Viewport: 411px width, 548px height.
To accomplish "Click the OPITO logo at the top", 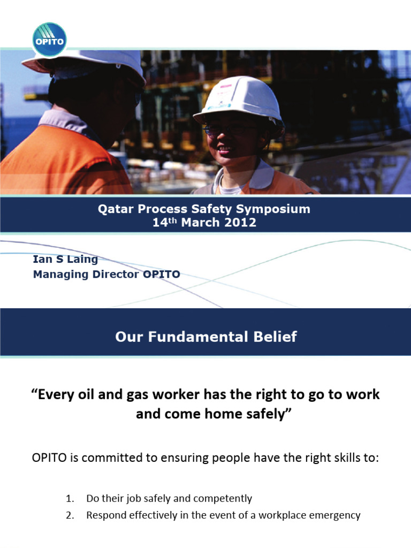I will (x=49, y=39).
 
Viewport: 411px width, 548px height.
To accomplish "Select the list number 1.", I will (x=69, y=499).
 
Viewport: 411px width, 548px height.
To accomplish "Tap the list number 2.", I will (x=69, y=516).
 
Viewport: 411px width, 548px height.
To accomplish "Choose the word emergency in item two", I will (x=336, y=516).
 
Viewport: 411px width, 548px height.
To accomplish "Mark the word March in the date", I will (x=200, y=223).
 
